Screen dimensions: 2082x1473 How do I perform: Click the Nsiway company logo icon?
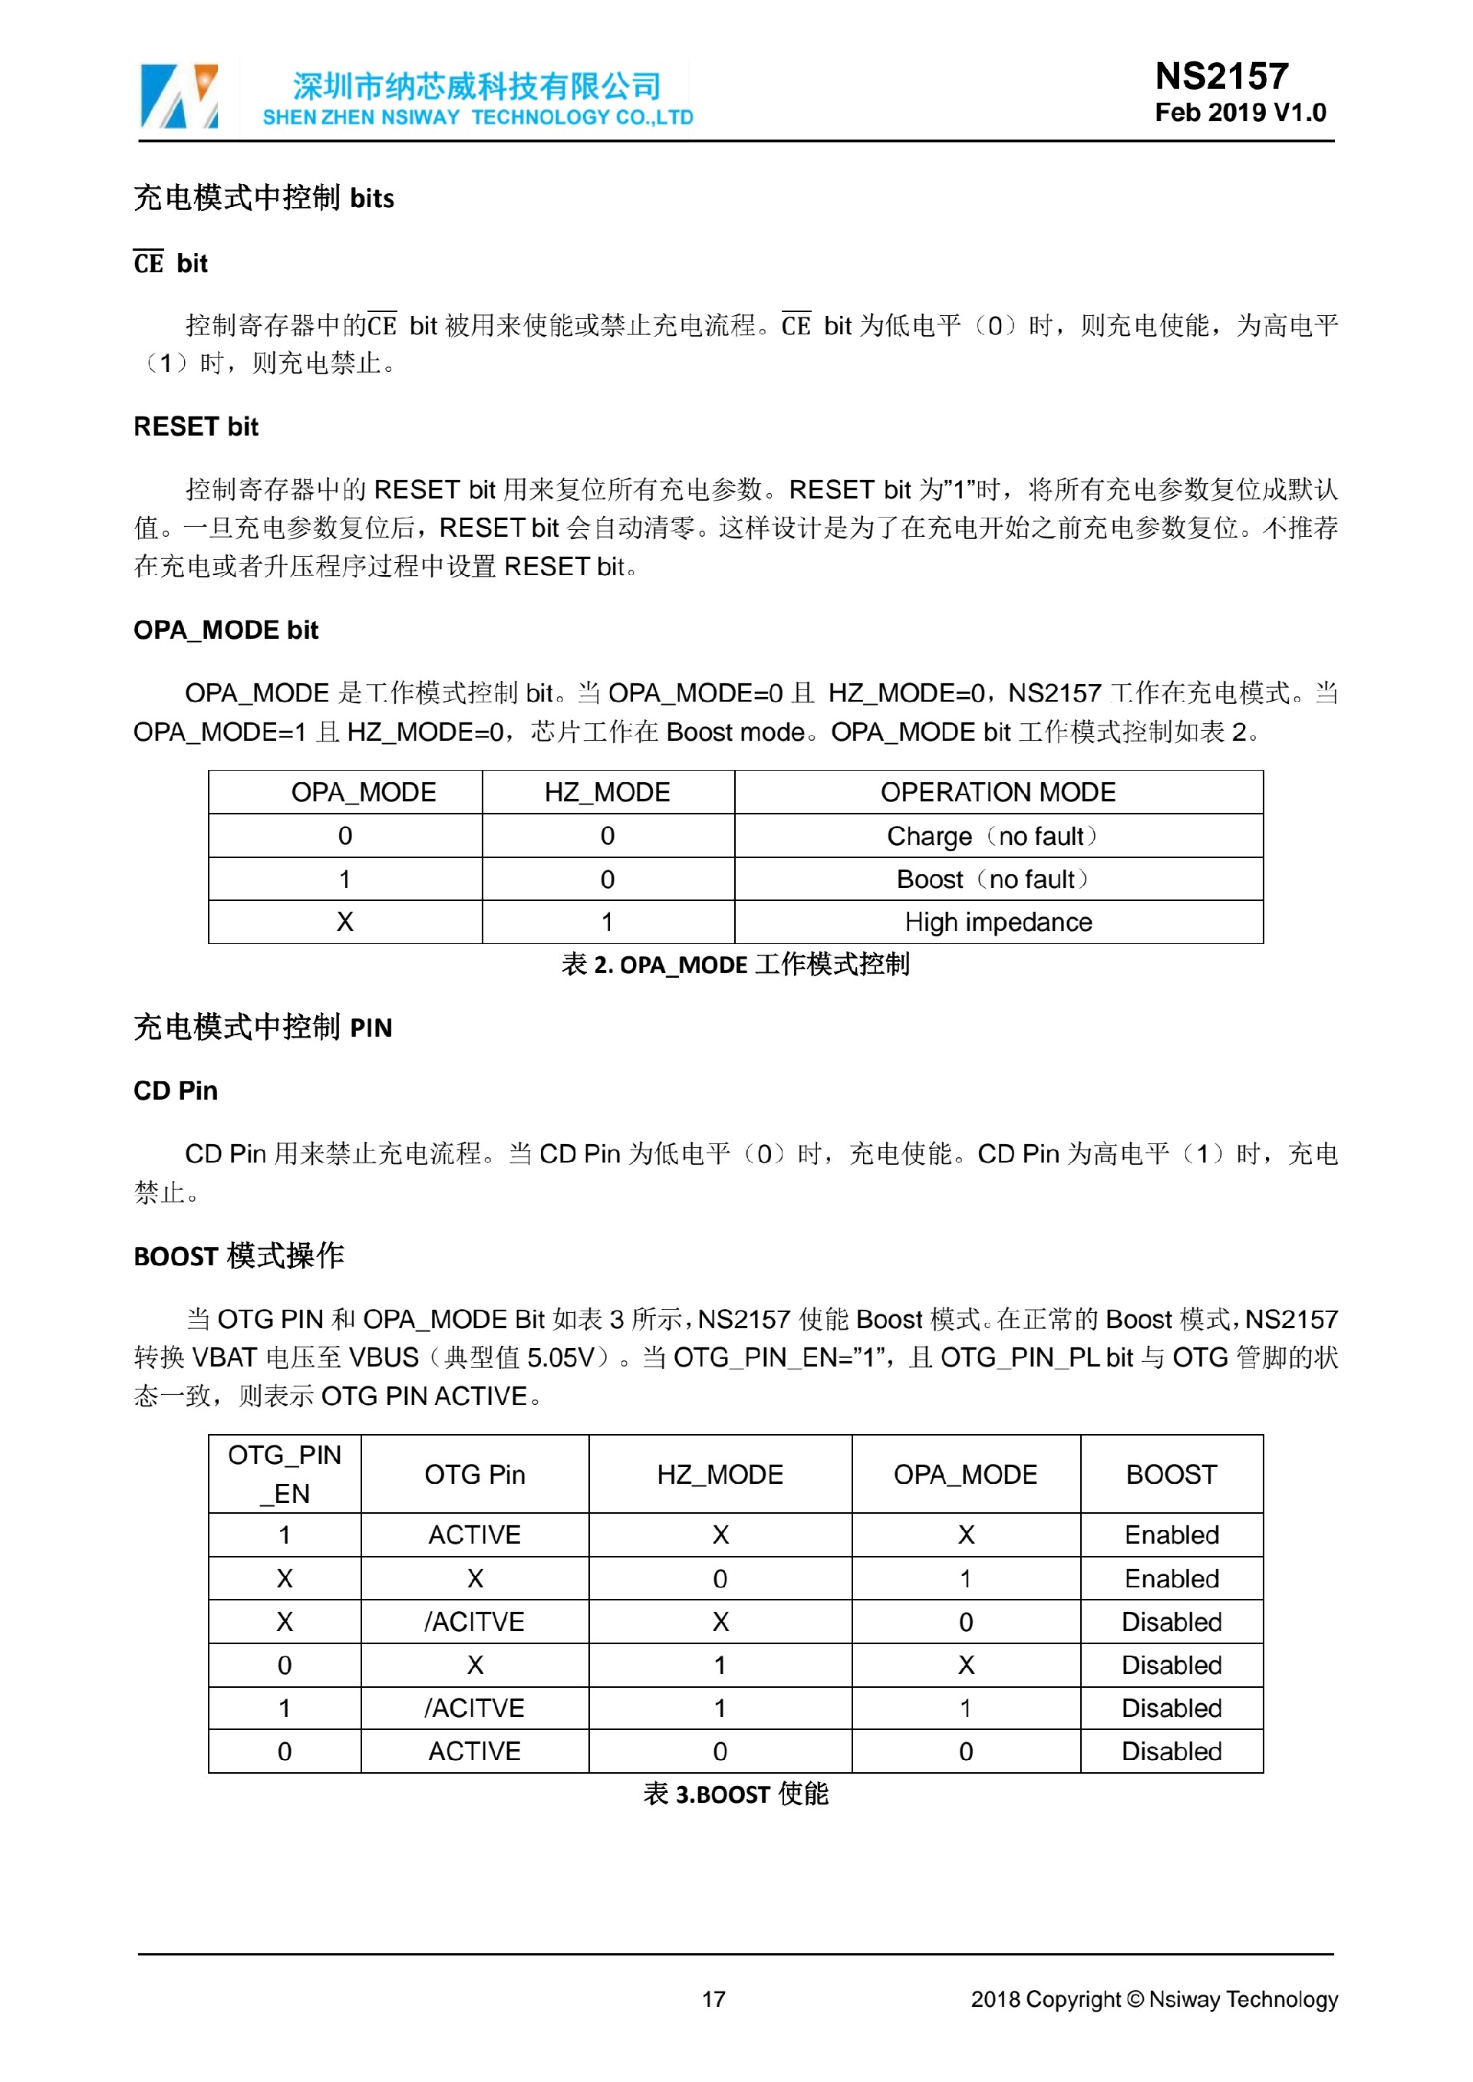coord(180,96)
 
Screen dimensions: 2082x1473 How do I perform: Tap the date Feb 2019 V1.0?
coord(1240,113)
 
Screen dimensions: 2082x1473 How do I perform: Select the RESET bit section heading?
coord(196,427)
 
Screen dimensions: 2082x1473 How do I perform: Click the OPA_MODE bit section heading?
coord(226,630)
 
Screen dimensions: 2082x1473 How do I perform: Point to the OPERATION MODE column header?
coord(997,792)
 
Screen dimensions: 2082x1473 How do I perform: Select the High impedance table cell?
coord(997,923)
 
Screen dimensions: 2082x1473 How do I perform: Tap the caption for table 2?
coord(736,965)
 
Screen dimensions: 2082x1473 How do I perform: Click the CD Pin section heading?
coord(176,1091)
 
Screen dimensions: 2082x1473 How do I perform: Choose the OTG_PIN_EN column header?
coord(285,1475)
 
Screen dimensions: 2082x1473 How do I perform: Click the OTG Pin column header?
coord(474,1475)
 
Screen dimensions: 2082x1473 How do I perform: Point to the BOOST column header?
coord(1171,1475)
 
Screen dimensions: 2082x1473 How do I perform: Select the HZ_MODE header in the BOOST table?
coord(720,1475)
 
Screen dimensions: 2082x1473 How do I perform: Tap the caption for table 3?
coord(736,1794)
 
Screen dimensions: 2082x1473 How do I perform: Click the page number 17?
coord(713,1999)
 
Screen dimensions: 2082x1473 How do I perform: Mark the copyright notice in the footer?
coord(1154,1999)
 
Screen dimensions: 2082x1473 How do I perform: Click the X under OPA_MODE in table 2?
coord(344,923)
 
